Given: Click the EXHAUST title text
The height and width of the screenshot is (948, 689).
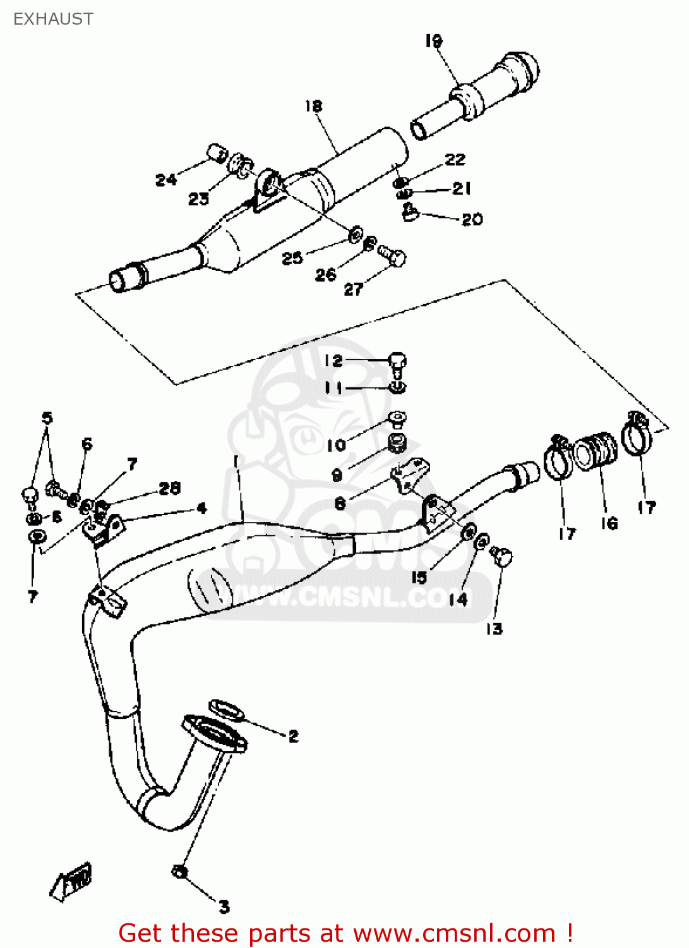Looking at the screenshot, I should tap(53, 19).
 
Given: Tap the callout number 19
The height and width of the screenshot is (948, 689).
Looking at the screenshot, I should tap(434, 41).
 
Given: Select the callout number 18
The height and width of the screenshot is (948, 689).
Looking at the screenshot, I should tap(313, 106).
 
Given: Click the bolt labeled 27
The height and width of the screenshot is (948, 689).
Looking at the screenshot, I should tap(393, 255).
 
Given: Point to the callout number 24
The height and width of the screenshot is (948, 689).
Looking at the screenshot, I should tap(165, 180).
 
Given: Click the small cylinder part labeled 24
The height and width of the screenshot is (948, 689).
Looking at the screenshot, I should tap(217, 152).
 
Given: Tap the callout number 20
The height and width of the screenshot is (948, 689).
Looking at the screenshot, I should tap(472, 219).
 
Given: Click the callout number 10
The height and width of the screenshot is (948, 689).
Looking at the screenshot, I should tap(336, 445).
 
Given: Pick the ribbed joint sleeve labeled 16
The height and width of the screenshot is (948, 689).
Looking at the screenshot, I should tap(596, 451).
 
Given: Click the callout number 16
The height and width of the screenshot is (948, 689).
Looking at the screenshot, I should tap(609, 523).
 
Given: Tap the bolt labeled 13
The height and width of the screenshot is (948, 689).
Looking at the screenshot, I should tap(502, 556).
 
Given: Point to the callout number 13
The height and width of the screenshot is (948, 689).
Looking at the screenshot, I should tap(494, 629).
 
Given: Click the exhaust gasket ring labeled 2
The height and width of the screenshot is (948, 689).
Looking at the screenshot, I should tap(226, 709).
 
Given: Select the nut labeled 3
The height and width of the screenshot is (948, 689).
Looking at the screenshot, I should tap(179, 872).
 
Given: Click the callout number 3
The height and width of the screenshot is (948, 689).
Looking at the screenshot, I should tap(224, 907).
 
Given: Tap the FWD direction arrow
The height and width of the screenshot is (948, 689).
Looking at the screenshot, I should tap(71, 880).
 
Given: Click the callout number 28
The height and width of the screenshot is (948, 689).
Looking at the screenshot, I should tap(169, 488).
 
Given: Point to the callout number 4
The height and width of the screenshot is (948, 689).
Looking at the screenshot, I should tap(201, 508).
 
